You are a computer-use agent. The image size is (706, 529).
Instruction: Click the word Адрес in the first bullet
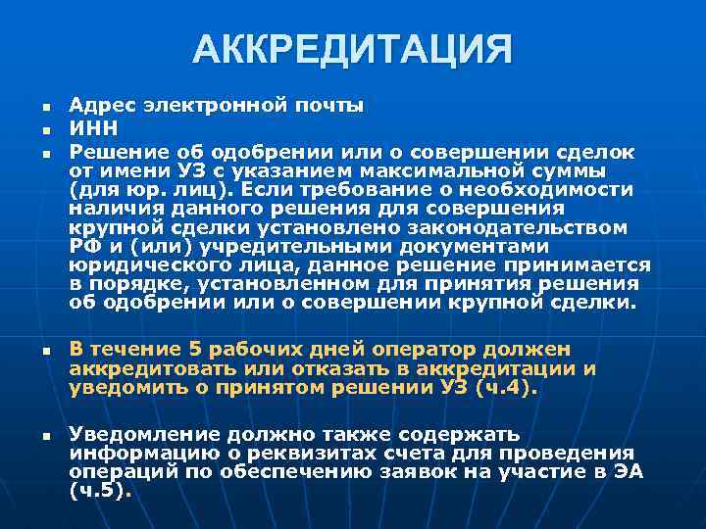[103, 104]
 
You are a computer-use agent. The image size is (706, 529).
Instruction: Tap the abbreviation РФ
[85, 247]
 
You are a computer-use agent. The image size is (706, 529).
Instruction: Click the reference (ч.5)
[100, 491]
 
